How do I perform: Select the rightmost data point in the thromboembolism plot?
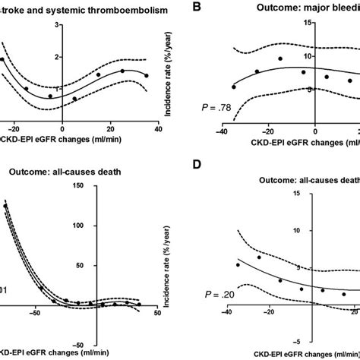[x=147, y=76]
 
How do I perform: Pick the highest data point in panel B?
[x=280, y=58]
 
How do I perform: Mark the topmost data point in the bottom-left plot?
[x=6, y=206]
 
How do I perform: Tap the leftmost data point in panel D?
[x=238, y=265]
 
